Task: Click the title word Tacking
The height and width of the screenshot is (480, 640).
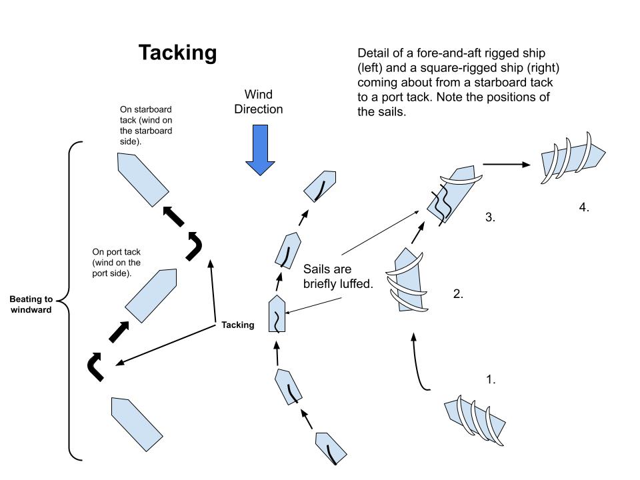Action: pyautogui.click(x=177, y=53)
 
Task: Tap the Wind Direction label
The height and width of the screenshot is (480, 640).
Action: pyautogui.click(x=259, y=101)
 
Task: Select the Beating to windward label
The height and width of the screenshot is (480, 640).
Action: pyautogui.click(x=31, y=305)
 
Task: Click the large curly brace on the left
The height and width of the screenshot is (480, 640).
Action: pyautogui.click(x=72, y=300)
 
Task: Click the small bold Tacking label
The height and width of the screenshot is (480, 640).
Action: pyautogui.click(x=237, y=325)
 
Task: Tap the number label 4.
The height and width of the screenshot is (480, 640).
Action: pyautogui.click(x=584, y=207)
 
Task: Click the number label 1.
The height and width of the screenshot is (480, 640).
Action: pyautogui.click(x=491, y=379)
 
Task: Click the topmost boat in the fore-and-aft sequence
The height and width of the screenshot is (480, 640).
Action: pyautogui.click(x=320, y=185)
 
